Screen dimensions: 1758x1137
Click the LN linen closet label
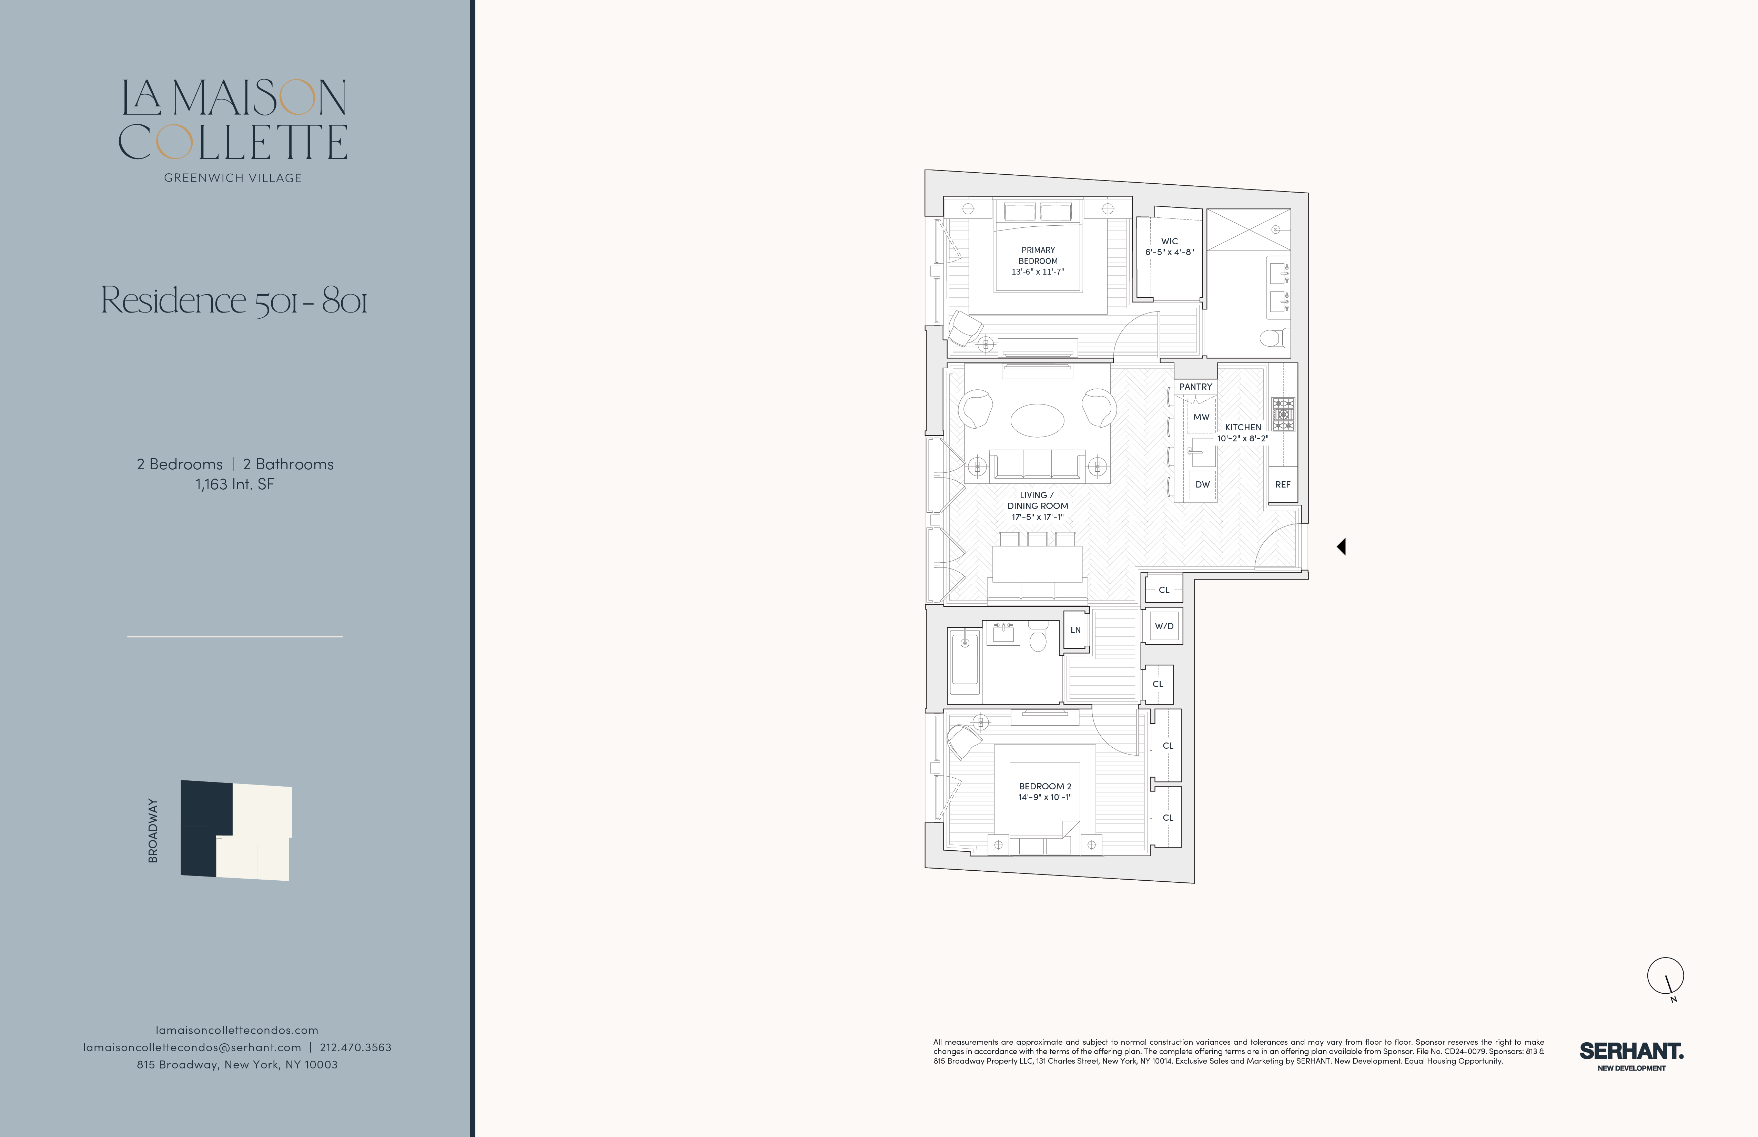coord(1075,630)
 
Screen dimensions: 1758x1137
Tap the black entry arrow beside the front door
coord(1341,546)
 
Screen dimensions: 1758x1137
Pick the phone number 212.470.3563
coord(355,1047)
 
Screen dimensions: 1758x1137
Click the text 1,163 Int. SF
coord(235,484)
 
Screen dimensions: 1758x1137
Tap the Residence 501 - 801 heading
coord(234,300)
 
